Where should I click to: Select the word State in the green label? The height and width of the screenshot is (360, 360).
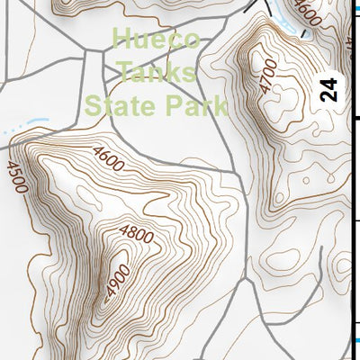pos(126,105)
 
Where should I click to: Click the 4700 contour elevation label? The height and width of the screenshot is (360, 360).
pos(265,77)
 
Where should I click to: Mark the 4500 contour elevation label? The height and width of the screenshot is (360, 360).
pos(15,175)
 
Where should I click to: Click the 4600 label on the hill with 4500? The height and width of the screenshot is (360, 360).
pos(106,162)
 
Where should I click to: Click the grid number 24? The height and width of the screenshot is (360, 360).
pos(330,90)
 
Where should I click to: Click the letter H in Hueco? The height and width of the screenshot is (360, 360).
pos(118,40)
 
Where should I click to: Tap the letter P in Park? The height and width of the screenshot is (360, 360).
pos(171,105)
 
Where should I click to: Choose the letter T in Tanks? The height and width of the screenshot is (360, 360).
pos(118,73)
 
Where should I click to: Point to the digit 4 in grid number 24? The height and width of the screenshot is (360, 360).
pos(330,83)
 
